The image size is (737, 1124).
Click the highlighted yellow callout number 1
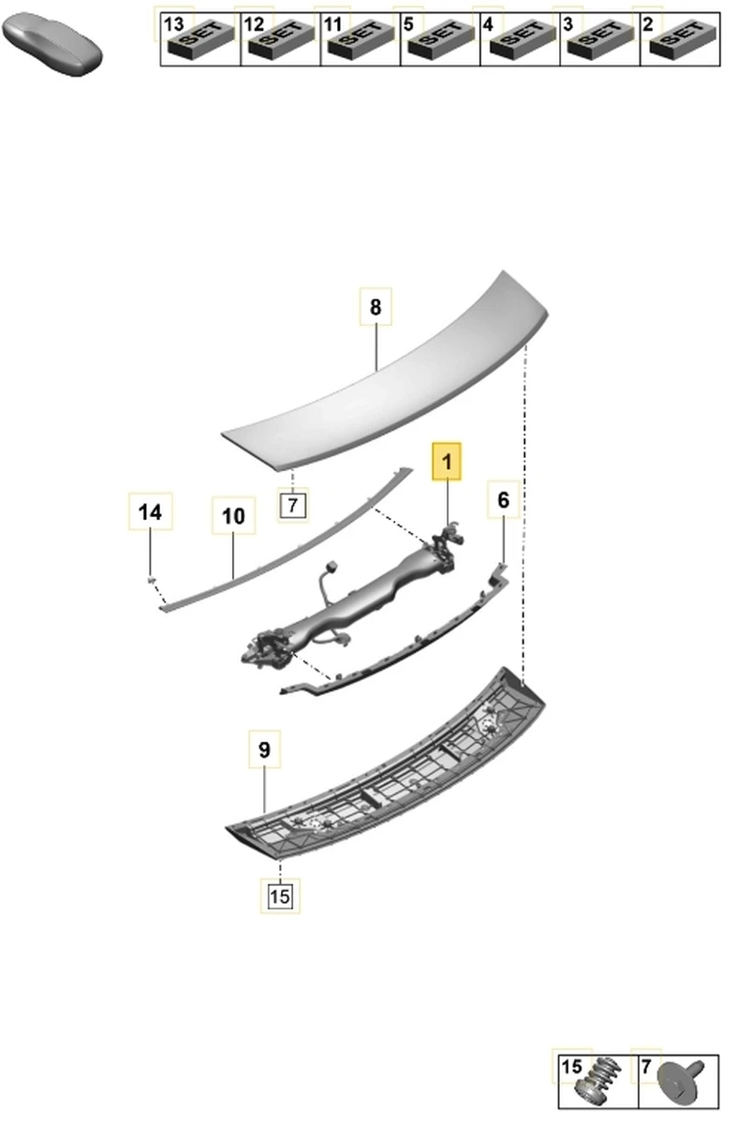point(447,462)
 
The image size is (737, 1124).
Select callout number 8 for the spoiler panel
point(376,306)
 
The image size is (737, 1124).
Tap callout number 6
point(503,500)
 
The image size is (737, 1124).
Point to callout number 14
point(150,512)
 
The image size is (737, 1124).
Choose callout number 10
point(233,515)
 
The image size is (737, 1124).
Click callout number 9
point(264,749)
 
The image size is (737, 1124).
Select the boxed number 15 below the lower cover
point(280,896)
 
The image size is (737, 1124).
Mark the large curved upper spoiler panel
point(393,375)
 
